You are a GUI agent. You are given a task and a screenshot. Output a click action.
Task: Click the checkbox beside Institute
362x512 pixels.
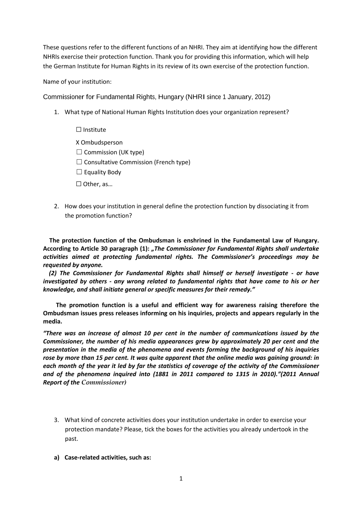79,130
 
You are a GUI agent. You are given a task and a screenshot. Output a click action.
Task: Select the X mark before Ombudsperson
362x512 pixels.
77,143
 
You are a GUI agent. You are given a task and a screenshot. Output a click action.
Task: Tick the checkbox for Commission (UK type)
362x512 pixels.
79,152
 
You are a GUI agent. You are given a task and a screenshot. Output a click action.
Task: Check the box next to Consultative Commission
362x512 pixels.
79,162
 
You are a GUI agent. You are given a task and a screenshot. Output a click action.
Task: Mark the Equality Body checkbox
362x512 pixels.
79,172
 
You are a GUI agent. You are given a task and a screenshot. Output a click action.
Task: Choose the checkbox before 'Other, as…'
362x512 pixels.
79,184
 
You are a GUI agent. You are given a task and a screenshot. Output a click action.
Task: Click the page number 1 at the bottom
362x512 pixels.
181,479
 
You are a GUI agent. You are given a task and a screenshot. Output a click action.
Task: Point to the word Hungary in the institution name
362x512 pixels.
171,97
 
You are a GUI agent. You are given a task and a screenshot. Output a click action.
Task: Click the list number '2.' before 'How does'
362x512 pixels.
56,206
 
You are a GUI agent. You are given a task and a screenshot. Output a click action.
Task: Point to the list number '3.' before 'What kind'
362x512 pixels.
56,420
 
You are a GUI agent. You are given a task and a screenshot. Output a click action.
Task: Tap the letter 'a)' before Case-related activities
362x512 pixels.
56,457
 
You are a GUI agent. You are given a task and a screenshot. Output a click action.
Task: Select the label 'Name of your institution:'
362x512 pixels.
77,82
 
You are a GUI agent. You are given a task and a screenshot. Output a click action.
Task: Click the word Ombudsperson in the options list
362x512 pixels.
102,143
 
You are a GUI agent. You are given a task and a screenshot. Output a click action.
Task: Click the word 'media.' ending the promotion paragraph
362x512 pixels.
52,322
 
